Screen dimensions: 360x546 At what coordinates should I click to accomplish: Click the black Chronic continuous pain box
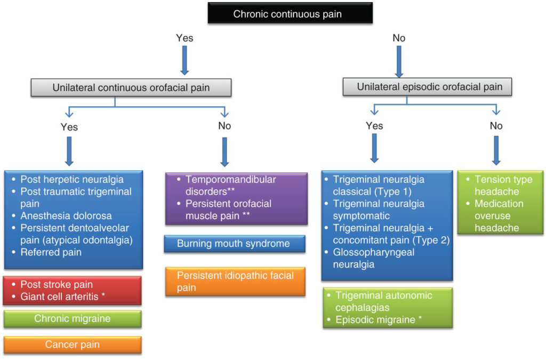(x=287, y=14)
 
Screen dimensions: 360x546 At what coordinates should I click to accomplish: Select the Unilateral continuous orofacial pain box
(x=131, y=87)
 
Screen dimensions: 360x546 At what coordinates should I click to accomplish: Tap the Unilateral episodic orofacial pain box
(x=430, y=86)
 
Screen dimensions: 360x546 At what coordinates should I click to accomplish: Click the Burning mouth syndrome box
(x=234, y=244)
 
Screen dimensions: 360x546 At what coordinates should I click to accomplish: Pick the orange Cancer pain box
(x=72, y=345)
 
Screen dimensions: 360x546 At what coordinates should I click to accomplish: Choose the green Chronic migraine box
(x=72, y=319)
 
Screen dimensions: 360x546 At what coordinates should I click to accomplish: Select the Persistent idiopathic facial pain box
(x=234, y=281)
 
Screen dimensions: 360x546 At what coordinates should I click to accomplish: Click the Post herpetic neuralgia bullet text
(x=71, y=180)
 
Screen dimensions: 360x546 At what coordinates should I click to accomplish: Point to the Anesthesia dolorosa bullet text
(x=66, y=216)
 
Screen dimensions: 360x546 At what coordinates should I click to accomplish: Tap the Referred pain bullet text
(x=51, y=252)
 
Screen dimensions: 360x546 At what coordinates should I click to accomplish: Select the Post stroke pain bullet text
(x=56, y=284)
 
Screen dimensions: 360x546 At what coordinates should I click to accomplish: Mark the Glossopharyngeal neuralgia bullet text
(x=373, y=258)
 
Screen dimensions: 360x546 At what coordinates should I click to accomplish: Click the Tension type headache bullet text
(x=503, y=186)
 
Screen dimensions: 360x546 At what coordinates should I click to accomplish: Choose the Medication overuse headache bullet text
(x=499, y=215)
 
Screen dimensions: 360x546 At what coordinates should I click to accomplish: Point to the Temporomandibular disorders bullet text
(x=230, y=185)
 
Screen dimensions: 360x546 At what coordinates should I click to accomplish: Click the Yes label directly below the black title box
(x=184, y=38)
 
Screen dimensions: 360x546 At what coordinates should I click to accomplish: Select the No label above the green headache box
(x=496, y=126)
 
